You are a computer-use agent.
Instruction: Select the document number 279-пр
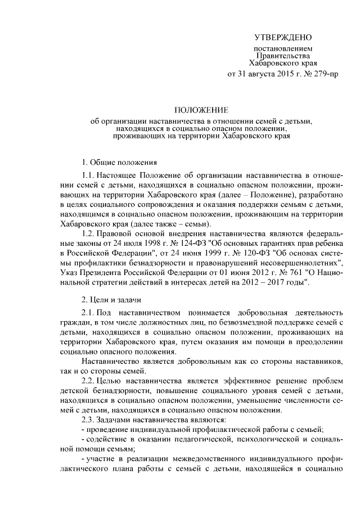click(326, 74)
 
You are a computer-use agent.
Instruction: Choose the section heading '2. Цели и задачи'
click(111, 299)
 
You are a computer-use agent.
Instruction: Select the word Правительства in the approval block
click(283, 56)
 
